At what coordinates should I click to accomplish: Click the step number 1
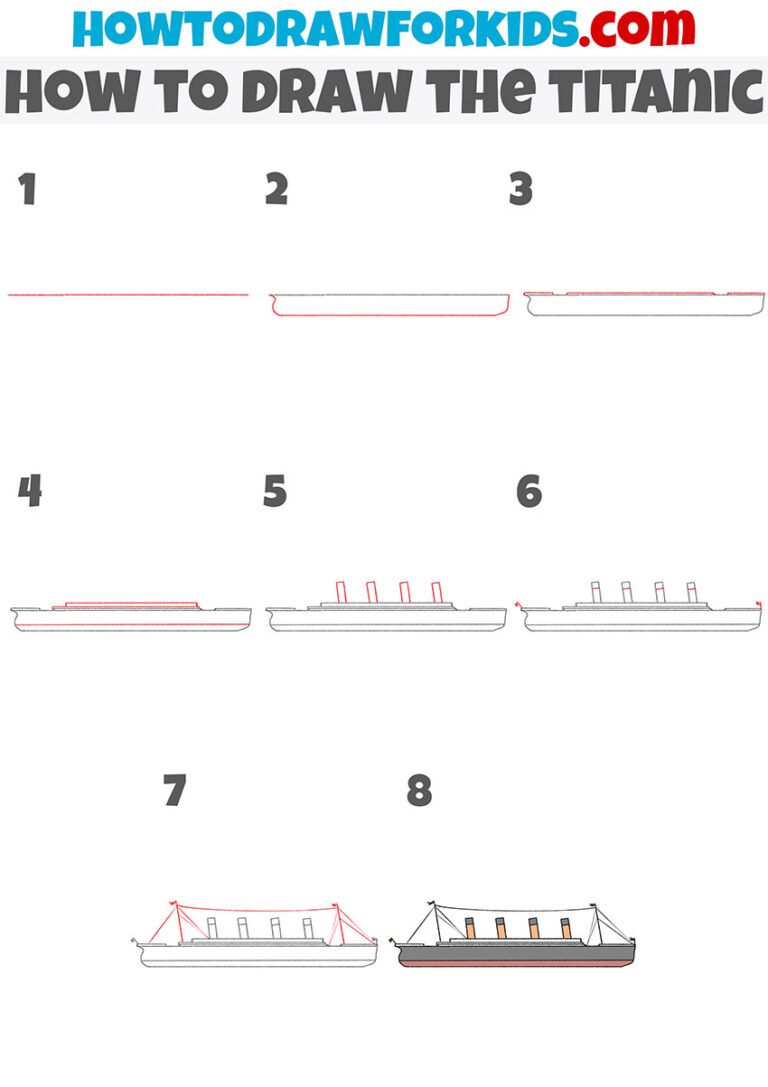point(27,189)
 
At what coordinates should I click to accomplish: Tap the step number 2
point(276,189)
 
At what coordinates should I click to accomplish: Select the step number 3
point(520,189)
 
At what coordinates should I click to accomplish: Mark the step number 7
point(175,792)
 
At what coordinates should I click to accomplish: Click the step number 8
point(419,792)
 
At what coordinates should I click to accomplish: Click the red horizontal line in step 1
point(127,295)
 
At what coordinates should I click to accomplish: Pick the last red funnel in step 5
point(436,592)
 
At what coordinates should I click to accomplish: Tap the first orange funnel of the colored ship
point(470,928)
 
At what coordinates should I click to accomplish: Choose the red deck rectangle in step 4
point(131,605)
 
